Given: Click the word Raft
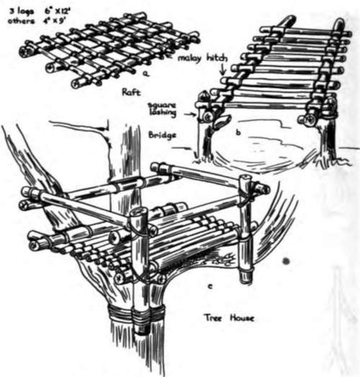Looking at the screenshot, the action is click(x=131, y=92).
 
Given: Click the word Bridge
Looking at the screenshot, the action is click(x=162, y=135).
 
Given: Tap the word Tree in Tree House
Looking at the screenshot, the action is click(x=213, y=318).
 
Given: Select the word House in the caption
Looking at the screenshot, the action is click(x=242, y=318).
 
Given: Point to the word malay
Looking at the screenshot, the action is click(x=189, y=58).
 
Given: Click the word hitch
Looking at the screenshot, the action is click(x=216, y=58).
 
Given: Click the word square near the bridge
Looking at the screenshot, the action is click(x=162, y=105).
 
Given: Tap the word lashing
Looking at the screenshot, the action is click(x=163, y=112).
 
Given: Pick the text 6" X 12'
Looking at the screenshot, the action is click(x=58, y=12).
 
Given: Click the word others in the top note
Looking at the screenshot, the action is click(x=21, y=21).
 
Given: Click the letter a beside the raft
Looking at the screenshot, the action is click(x=145, y=74).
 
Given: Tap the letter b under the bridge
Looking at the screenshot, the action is click(x=238, y=132).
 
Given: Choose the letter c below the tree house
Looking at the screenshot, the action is click(x=210, y=286).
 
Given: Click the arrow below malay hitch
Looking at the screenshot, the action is click(x=223, y=68).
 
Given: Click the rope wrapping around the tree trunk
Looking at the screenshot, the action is click(x=136, y=315).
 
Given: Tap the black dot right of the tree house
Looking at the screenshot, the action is click(x=285, y=261).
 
